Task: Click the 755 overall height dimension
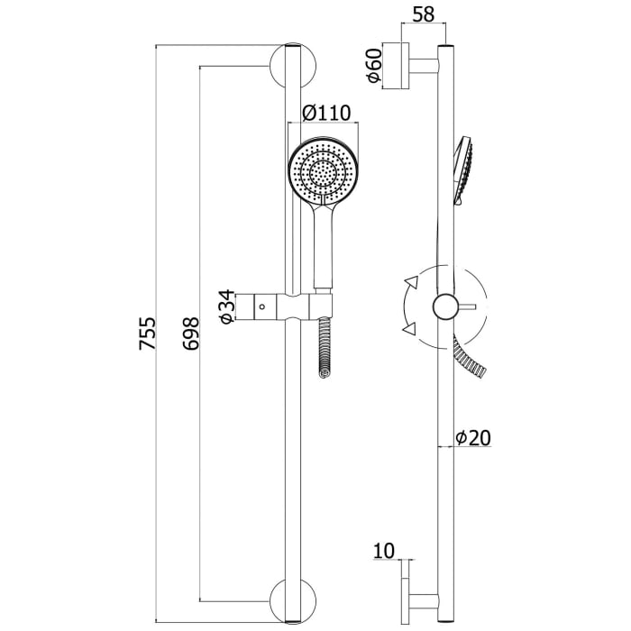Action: pos(147,334)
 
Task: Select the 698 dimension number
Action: pos(190,334)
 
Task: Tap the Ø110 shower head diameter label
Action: pos(326,113)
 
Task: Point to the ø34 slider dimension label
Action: pos(226,306)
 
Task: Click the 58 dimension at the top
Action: pos(424,15)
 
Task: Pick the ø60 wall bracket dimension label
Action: pos(374,65)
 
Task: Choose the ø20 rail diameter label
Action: pos(473,438)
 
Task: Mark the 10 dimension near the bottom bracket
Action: pos(384,551)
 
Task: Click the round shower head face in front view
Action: pos(324,171)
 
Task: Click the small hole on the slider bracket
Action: pos(262,306)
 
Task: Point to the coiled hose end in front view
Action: pos(324,348)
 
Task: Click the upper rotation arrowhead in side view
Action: pos(412,281)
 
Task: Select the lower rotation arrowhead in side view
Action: pos(409,328)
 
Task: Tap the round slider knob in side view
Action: pos(445,306)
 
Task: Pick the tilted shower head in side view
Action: pos(463,170)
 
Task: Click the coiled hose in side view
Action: pos(470,357)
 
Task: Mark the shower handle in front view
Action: pos(323,246)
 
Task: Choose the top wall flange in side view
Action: pos(396,65)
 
